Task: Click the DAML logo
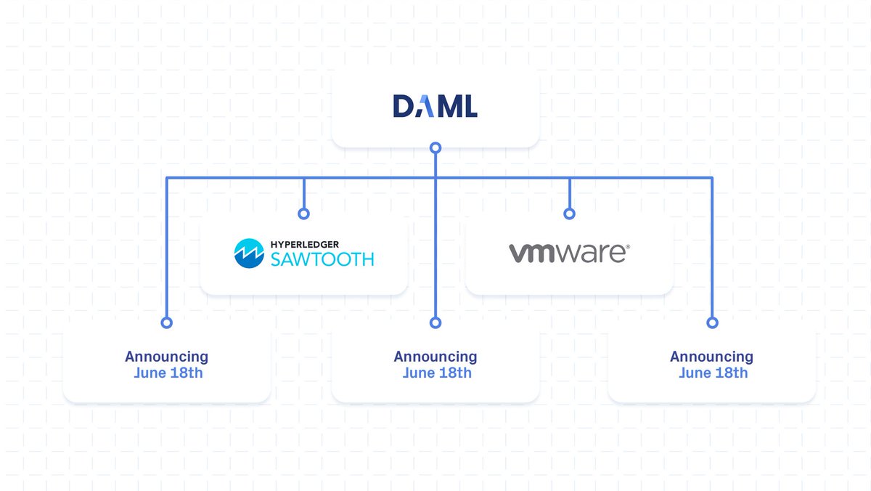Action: (x=435, y=107)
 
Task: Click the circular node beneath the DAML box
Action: (x=435, y=148)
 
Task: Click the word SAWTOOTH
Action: (x=322, y=259)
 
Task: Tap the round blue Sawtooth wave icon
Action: (x=248, y=253)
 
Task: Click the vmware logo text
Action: (x=567, y=253)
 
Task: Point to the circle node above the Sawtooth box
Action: (x=303, y=214)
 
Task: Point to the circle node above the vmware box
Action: (x=569, y=214)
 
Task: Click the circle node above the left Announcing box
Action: (x=166, y=322)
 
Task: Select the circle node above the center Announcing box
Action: (x=435, y=322)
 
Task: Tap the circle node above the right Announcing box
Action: (x=712, y=322)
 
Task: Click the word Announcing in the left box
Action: (x=166, y=357)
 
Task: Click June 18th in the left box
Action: (x=168, y=373)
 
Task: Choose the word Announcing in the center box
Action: (x=435, y=357)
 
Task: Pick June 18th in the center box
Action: (x=436, y=373)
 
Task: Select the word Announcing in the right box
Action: (x=711, y=357)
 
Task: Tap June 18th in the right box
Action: (x=713, y=373)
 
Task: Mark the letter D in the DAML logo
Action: (x=402, y=107)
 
